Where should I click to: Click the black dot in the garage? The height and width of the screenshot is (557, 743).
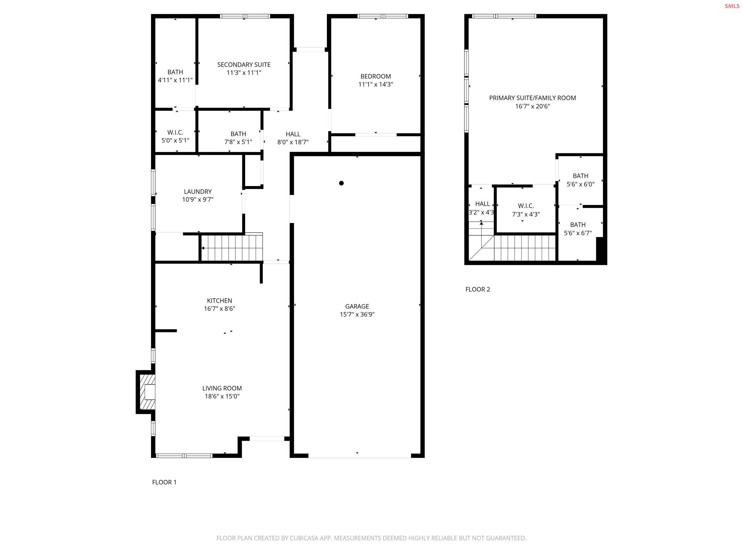(341, 183)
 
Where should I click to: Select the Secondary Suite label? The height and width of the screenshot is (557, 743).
(244, 65)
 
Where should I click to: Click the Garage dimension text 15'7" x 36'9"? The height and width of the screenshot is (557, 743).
(357, 315)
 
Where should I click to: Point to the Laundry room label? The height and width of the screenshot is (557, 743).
(198, 192)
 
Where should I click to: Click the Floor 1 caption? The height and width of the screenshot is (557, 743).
(164, 482)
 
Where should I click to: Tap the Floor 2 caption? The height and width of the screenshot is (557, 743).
(478, 289)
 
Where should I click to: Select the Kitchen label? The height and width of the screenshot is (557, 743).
(219, 301)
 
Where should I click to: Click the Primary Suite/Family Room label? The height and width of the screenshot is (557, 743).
(532, 98)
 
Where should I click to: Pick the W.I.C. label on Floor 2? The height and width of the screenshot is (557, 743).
(526, 206)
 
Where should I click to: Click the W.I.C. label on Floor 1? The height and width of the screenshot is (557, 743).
(175, 132)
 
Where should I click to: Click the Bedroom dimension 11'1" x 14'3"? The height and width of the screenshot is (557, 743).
(376, 85)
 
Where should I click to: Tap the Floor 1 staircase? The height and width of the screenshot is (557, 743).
(232, 248)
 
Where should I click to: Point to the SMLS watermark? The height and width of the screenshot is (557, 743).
(732, 6)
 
